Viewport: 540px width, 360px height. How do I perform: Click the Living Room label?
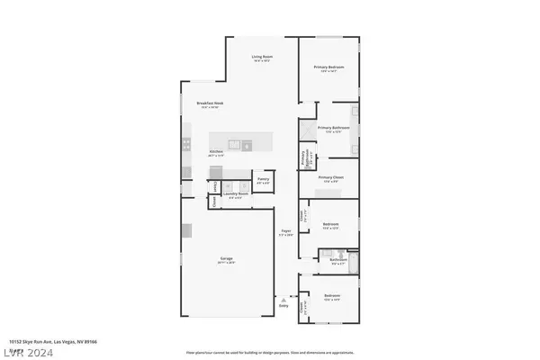point(261,58)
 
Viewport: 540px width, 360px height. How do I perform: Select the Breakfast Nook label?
point(209,105)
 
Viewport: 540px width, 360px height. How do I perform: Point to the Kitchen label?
point(217,152)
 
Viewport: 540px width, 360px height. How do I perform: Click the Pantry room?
point(263,180)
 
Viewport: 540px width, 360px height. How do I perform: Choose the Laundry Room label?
point(236,193)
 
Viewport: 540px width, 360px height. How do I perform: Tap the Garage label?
point(227,260)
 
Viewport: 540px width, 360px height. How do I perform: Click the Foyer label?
point(286,231)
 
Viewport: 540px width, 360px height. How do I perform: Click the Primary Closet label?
point(332,177)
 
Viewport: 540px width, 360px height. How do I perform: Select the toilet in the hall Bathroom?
point(321,258)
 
